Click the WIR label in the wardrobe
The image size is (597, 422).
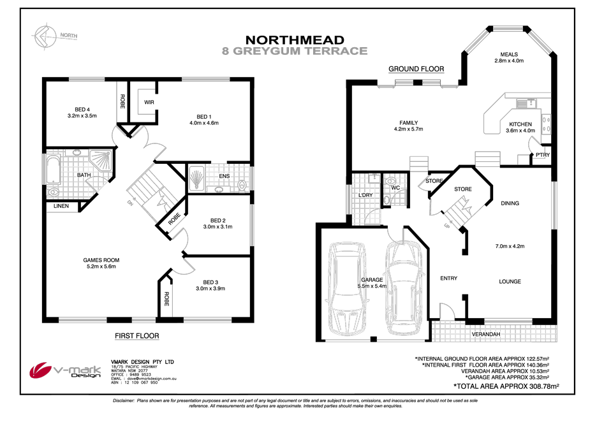[149, 102]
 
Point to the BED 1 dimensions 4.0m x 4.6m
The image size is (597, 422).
[203, 123]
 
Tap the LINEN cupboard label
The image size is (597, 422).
[62, 205]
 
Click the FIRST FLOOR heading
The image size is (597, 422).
[136, 335]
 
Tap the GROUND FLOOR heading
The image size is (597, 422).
[416, 69]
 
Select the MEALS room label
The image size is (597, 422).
[508, 54]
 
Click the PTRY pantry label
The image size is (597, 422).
[542, 154]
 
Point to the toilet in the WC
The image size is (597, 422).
[387, 200]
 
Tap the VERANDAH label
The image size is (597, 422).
[485, 334]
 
